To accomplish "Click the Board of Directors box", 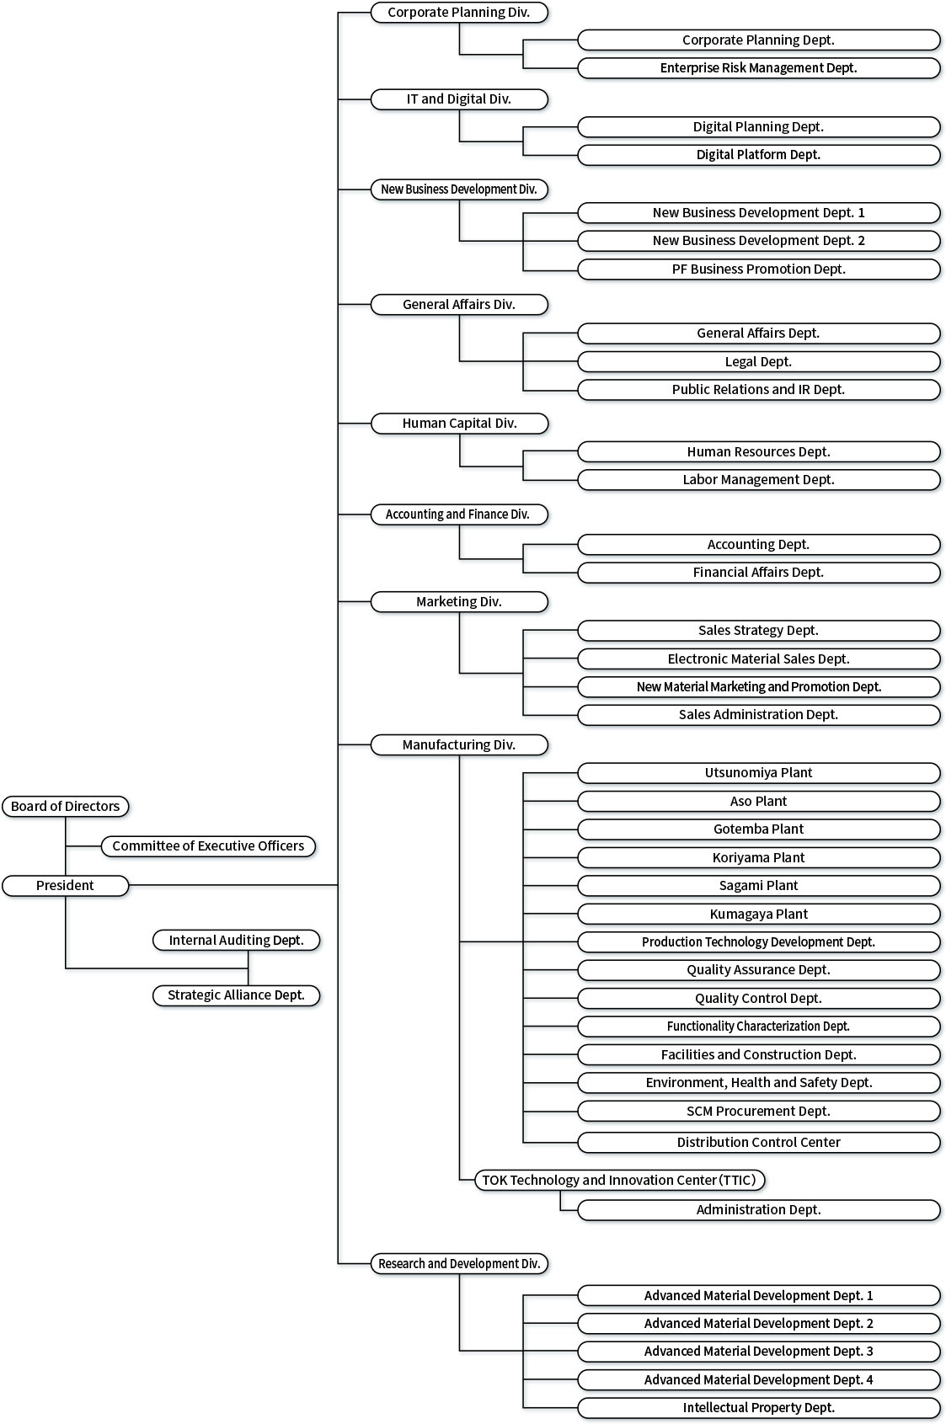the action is [x=66, y=806].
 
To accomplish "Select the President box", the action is [x=66, y=886].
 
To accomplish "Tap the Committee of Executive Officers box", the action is [x=209, y=846].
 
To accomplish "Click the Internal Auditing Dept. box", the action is [x=237, y=941].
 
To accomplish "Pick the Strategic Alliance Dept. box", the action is [x=237, y=995].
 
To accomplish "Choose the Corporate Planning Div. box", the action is [x=459, y=13].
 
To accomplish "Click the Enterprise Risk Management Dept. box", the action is [x=759, y=68].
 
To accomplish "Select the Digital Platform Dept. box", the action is [x=759, y=155].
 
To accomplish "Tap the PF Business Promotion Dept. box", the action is [x=759, y=269].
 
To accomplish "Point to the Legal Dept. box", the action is [x=759, y=362].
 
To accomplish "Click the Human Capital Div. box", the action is [x=459, y=424].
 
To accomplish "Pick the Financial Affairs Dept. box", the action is [x=759, y=573].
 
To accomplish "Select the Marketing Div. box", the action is [x=459, y=602].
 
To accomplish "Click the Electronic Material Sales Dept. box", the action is [x=759, y=659].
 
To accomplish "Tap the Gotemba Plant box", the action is [x=759, y=829].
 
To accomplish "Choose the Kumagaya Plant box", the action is [x=759, y=915].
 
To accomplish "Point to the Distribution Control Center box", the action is [x=759, y=1143].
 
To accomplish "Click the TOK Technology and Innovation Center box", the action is [x=620, y=1181].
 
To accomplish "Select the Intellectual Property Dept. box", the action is [x=759, y=1408].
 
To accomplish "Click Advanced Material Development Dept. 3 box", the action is [x=759, y=1352].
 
